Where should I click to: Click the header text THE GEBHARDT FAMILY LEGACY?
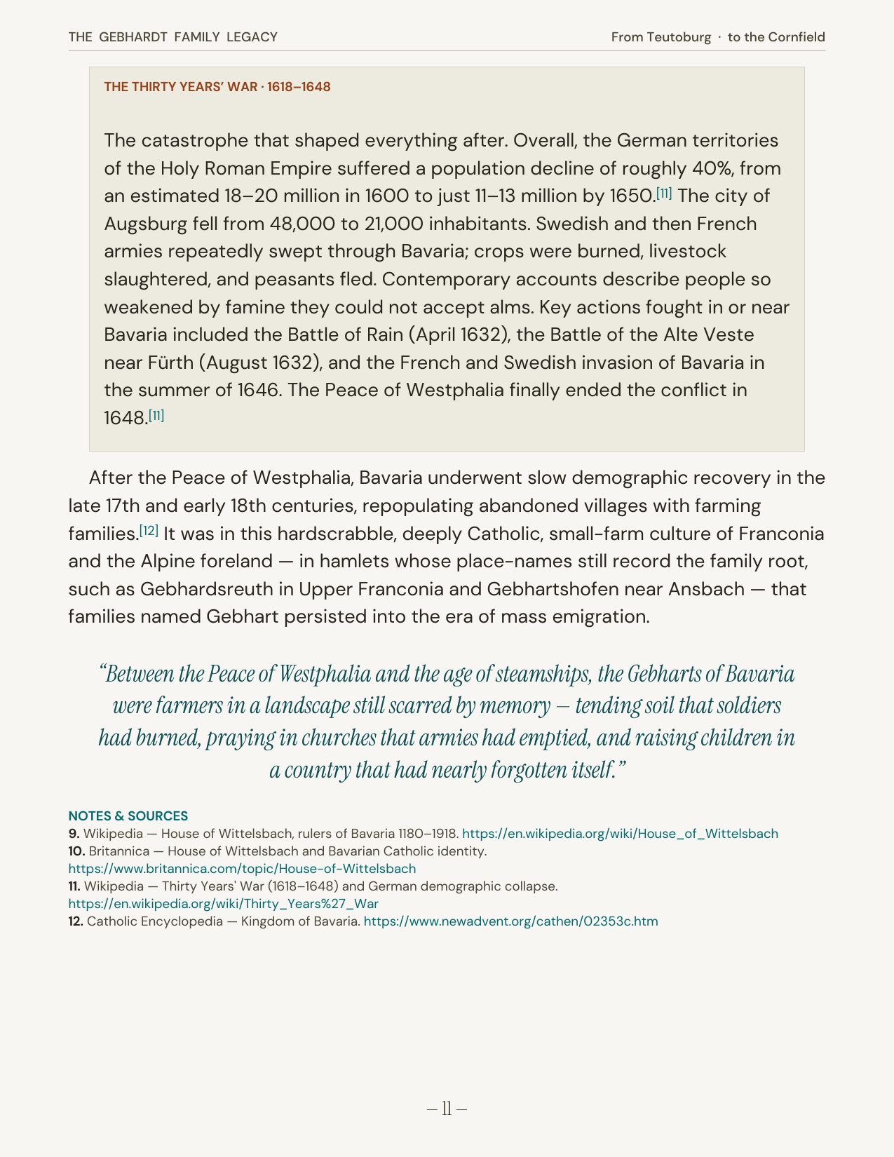172,37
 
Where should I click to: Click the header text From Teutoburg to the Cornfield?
717,37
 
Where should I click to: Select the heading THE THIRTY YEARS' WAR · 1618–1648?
217,87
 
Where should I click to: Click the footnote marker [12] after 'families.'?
149,531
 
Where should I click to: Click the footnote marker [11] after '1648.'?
156,415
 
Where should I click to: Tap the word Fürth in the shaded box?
168,363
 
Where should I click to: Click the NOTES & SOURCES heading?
128,816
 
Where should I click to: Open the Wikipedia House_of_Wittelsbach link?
620,834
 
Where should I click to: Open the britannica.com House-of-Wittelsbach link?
242,869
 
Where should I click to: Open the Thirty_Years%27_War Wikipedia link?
223,904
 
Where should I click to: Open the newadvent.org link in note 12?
510,921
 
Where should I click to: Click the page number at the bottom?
447,1109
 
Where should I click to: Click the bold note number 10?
76,851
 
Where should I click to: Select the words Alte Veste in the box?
709,334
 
